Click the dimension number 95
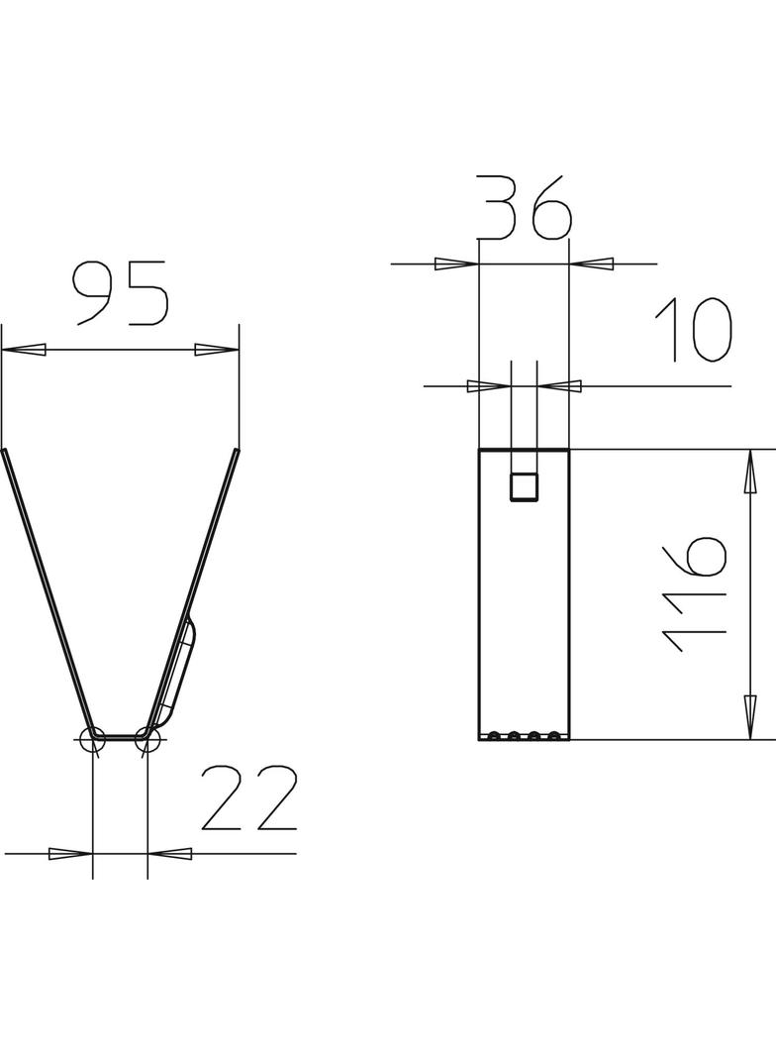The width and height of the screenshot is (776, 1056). [121, 293]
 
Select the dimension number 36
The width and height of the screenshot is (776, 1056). [525, 208]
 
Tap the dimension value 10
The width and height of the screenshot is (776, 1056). [694, 330]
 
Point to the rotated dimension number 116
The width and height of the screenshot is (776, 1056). [696, 594]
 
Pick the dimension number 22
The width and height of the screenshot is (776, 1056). [249, 798]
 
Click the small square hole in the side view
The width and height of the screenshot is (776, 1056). [524, 487]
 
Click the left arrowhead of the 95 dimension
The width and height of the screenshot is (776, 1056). [24, 350]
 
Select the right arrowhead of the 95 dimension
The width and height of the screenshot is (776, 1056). [217, 350]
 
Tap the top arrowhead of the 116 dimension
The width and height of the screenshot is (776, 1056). [750, 472]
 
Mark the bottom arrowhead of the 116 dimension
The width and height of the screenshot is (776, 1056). [750, 716]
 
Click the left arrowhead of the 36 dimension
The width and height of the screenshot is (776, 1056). [456, 264]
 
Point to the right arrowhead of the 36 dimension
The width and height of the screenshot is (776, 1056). [592, 264]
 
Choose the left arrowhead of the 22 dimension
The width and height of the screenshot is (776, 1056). [70, 853]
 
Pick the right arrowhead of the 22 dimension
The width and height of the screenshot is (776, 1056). [169, 853]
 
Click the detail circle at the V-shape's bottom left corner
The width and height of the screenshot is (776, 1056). [92, 738]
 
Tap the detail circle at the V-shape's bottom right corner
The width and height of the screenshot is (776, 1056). [146, 738]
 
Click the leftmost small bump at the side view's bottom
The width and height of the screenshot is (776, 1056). [493, 735]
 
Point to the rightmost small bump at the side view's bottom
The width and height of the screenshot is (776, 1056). [554, 735]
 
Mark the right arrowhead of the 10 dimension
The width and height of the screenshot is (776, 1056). [559, 385]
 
